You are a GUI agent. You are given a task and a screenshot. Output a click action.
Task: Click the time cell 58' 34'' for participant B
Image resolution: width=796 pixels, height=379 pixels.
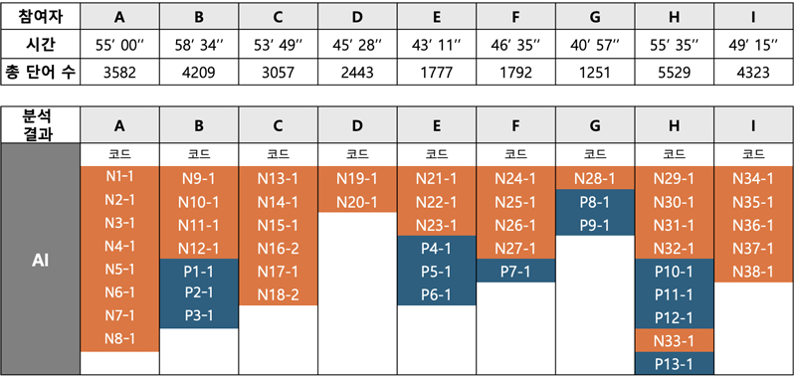coord(199,46)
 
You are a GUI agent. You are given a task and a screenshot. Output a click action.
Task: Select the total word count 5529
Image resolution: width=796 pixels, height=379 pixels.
coord(676,74)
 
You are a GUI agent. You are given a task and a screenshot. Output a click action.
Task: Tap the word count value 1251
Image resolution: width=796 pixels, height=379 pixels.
coord(595,74)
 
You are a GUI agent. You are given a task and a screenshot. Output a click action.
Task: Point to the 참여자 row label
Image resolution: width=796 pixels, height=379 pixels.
coord(40,17)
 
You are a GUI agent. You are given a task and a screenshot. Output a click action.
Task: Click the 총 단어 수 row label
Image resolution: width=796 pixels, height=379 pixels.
coord(40,74)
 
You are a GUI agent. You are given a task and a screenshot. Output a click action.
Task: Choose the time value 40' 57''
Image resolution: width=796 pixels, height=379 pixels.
coord(595,46)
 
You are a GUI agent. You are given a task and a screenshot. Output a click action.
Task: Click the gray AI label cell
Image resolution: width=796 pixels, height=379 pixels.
coord(40,260)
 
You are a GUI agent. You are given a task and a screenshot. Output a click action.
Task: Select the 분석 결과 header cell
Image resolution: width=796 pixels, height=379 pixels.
coord(40,125)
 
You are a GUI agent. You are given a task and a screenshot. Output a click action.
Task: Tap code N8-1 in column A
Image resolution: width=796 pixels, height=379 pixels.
coord(119,339)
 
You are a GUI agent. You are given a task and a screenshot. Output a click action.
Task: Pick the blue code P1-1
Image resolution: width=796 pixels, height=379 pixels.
coord(199,271)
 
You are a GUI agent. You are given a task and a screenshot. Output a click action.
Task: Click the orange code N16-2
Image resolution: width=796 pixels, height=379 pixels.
coord(279,248)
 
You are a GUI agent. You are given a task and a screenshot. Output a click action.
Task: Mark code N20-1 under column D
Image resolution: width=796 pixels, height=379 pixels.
coord(357,202)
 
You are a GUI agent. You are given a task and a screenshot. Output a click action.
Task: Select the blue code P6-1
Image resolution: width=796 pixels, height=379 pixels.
coord(437,293)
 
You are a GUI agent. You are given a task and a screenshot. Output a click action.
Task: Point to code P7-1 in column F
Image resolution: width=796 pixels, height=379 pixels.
coord(516,271)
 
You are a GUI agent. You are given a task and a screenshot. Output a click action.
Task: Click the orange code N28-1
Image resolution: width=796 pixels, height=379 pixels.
coord(595,179)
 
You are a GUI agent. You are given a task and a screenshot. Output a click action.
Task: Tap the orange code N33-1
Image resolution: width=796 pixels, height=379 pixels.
coord(676,339)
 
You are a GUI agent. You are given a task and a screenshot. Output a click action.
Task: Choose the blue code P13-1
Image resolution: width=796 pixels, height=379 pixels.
coord(676,363)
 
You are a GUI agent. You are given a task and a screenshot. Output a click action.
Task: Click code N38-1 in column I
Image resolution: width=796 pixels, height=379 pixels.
coord(754,271)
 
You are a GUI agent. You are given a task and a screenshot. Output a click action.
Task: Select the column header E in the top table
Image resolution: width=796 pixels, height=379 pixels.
coord(437,17)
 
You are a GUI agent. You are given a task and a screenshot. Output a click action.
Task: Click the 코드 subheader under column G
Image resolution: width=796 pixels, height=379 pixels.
coord(595,154)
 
